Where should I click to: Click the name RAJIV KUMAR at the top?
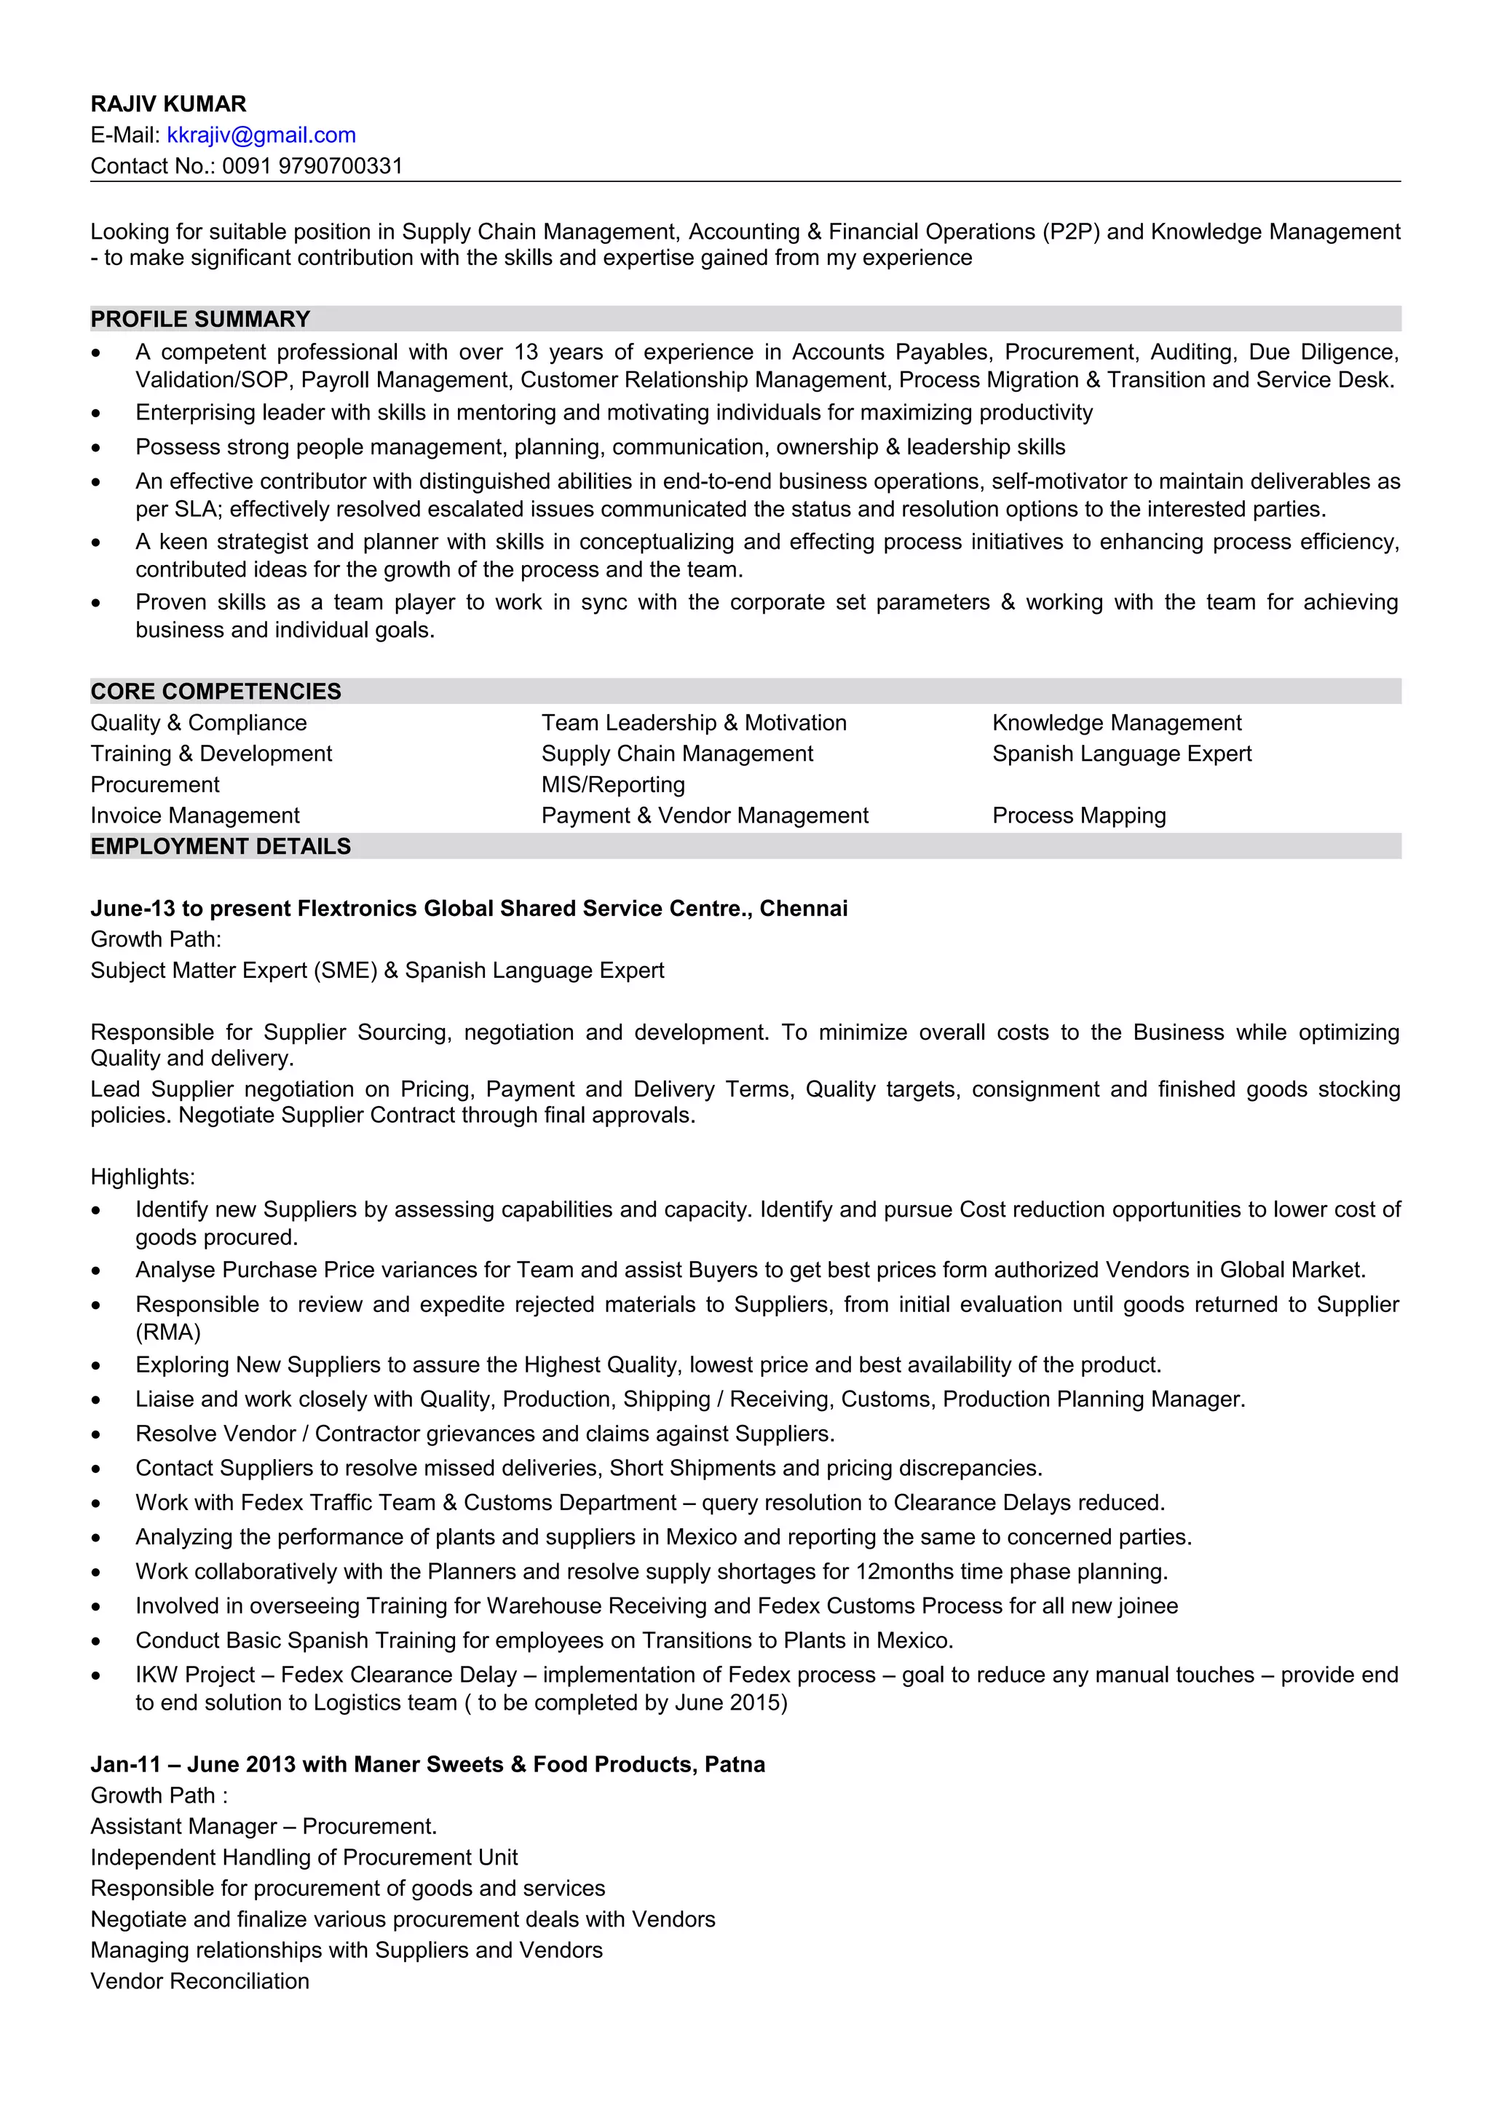click(168, 104)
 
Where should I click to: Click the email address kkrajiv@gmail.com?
click(261, 135)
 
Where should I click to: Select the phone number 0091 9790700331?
click(312, 166)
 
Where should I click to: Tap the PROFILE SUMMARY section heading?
click(200, 319)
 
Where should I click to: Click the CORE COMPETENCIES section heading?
click(216, 691)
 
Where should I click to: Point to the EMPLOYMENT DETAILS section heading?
click(221, 846)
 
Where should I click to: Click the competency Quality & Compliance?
click(199, 723)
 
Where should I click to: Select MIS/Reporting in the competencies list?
click(613, 785)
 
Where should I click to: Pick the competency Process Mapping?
click(1078, 816)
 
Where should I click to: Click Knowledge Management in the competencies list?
click(1116, 723)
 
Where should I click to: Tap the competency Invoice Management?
click(195, 816)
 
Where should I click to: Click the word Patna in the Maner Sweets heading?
click(735, 1764)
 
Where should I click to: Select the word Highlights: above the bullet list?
click(143, 1177)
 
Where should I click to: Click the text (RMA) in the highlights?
click(168, 1332)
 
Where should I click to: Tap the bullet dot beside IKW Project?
click(96, 1676)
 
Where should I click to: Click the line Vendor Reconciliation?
click(199, 1981)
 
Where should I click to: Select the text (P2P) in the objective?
click(1070, 232)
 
